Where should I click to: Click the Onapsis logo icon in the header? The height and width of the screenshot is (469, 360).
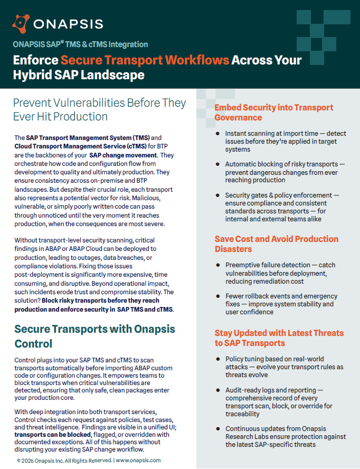[20, 23]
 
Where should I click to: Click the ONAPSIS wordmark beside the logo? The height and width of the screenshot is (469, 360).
[68, 24]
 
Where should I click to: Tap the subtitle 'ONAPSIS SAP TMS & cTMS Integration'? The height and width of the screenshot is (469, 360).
[80, 44]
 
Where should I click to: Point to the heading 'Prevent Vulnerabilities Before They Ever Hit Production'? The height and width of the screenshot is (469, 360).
[99, 109]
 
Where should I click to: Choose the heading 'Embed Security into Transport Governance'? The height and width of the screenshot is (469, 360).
[273, 112]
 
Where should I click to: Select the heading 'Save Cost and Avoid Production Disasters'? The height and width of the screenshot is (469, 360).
[276, 244]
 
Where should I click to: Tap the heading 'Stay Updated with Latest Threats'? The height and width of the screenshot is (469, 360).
[279, 333]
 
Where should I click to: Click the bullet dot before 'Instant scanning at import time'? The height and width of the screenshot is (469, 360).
[217, 134]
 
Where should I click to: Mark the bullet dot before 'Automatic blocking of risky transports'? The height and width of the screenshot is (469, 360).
[217, 165]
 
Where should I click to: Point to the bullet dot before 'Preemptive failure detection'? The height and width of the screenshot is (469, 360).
[217, 265]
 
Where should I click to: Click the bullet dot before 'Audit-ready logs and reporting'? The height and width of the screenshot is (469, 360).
[217, 390]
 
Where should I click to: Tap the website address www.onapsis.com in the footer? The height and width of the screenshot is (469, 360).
[138, 461]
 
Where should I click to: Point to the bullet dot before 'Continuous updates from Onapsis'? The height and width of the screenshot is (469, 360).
[217, 429]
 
